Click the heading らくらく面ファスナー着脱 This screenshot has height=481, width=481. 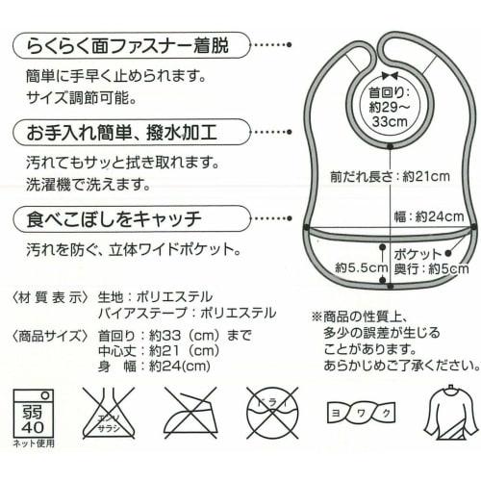[x=129, y=43]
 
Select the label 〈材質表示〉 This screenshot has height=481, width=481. [x=48, y=295]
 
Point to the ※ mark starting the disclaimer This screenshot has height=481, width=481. [x=315, y=316]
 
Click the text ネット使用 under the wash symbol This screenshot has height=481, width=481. [x=34, y=443]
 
